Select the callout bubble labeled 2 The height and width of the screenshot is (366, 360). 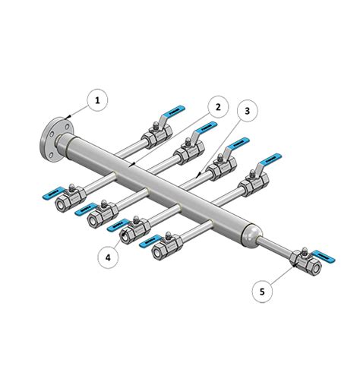point(217,107)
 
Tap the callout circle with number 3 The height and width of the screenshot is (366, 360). point(247,112)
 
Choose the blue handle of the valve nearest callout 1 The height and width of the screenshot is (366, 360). point(172,112)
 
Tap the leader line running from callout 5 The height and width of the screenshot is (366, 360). point(279,276)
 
